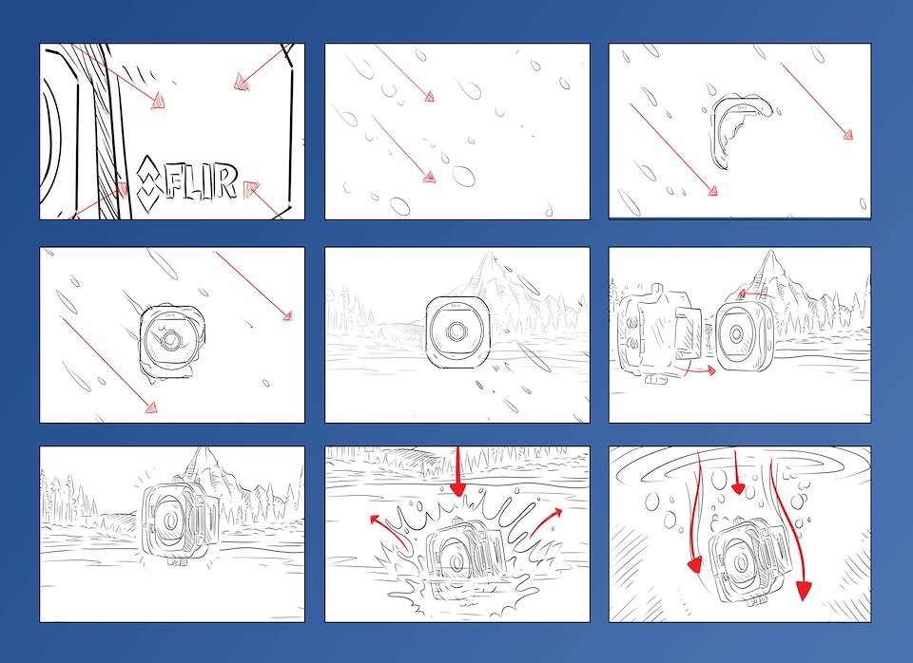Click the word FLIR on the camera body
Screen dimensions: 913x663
tap(202, 182)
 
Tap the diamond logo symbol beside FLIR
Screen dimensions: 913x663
tap(148, 182)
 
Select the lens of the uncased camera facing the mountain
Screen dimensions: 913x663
tap(456, 331)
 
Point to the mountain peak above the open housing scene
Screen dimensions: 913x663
tap(771, 254)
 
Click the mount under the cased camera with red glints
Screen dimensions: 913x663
tap(177, 561)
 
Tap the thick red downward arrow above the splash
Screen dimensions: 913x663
tap(458, 471)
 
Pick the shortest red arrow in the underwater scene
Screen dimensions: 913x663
tap(737, 472)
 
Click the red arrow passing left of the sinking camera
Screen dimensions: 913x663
tap(694, 512)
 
